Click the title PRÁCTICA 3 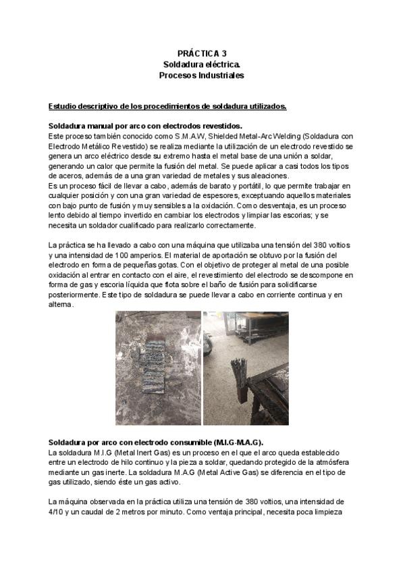click(x=201, y=52)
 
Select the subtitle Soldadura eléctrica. click(x=201, y=64)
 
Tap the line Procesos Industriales click(x=201, y=76)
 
